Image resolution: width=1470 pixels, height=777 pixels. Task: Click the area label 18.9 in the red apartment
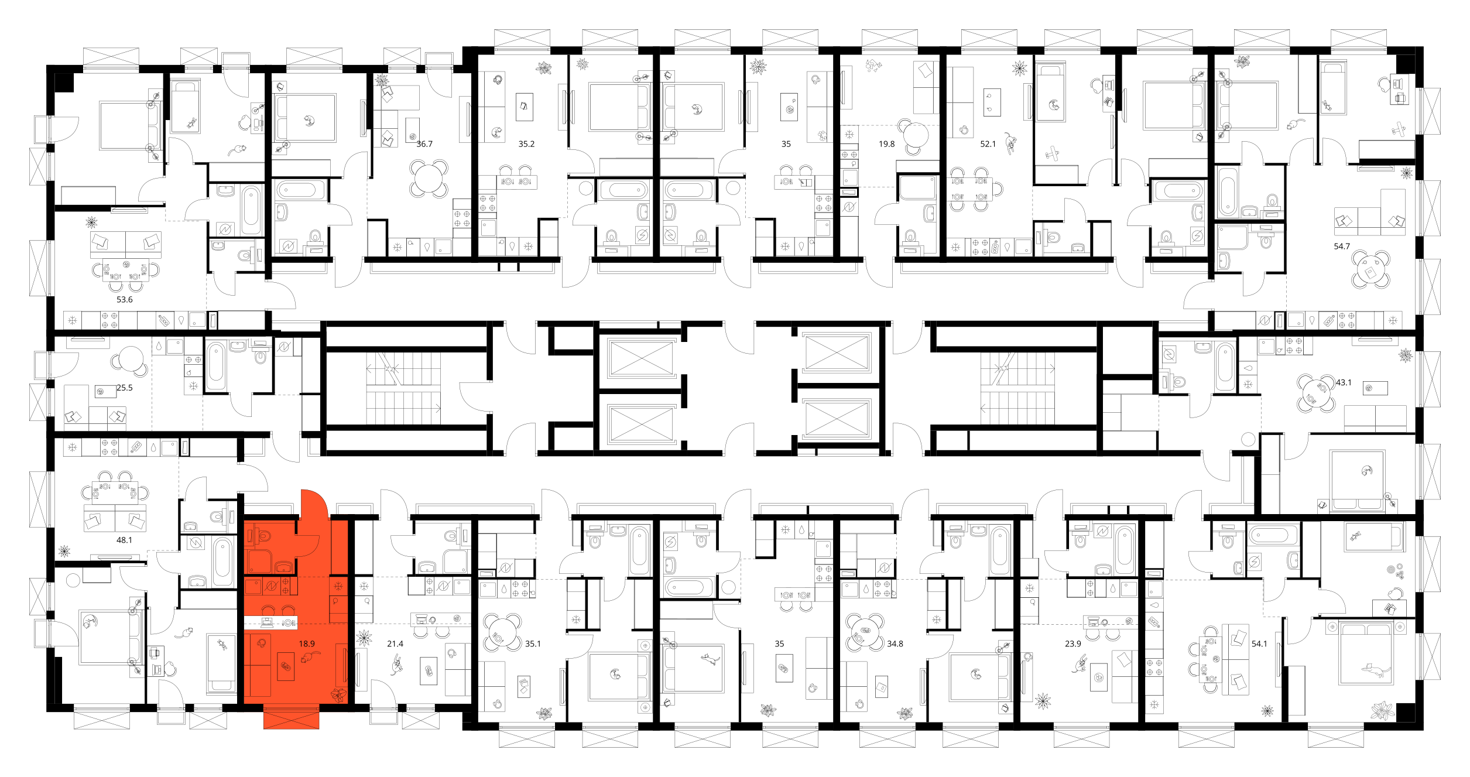pos(307,643)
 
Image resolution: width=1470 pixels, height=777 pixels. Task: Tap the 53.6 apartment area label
pos(125,299)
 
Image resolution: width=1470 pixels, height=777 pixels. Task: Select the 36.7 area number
pos(424,143)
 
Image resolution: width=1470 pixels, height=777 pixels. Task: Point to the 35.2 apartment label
pos(526,143)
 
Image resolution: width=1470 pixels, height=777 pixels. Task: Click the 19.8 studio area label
pos(887,143)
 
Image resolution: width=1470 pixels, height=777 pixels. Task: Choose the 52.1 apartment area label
pos(988,143)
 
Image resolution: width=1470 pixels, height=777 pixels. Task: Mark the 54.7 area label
pos(1342,247)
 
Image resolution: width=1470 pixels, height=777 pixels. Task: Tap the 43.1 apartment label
pos(1344,382)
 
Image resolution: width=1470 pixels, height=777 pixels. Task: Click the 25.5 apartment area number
pos(125,388)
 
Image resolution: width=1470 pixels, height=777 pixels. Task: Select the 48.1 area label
pos(125,540)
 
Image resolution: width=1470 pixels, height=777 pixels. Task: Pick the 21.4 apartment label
pos(395,643)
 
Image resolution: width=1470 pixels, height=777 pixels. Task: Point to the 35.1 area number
pos(533,643)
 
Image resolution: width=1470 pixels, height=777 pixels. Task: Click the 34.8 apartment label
pos(895,643)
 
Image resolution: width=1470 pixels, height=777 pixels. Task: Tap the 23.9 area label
pos(1073,643)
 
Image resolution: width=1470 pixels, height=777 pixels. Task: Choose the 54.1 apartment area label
pos(1259,643)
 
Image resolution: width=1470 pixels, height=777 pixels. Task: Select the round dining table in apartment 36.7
pos(429,179)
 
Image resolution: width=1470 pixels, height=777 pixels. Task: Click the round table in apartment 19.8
pos(916,135)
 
